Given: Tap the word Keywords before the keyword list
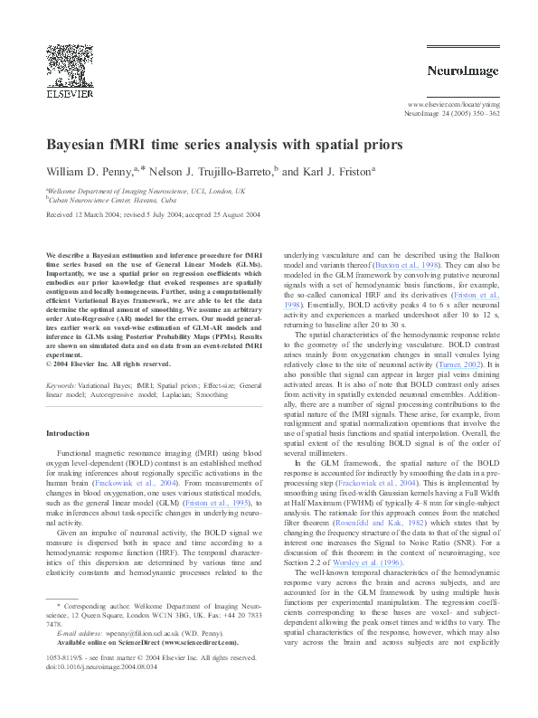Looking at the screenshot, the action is click(61, 385).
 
